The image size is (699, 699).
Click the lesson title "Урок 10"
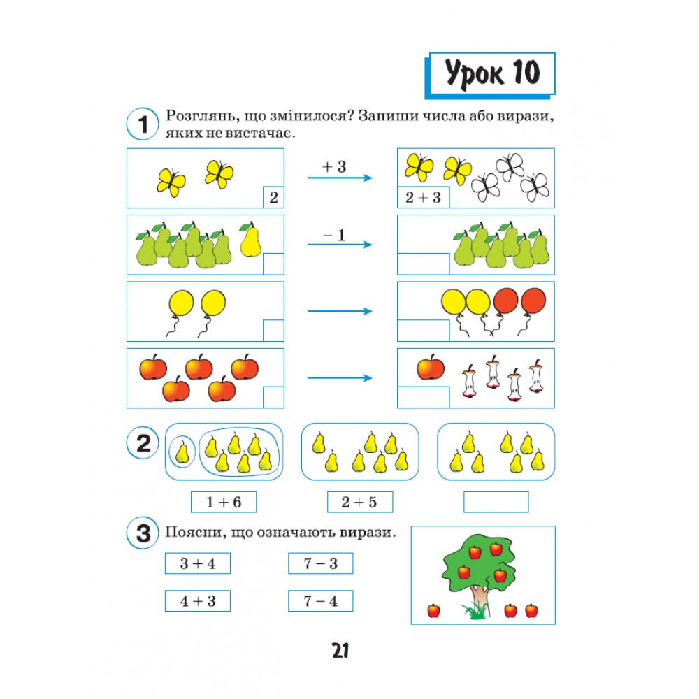[491, 73]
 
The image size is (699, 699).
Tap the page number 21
[340, 651]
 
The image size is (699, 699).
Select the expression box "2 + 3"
[423, 197]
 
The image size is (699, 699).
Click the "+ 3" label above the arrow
[334, 167]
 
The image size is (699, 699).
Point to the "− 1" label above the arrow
[334, 235]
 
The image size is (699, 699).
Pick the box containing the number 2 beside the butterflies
[273, 197]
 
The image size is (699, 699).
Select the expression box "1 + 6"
[224, 502]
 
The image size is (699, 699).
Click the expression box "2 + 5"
[360, 502]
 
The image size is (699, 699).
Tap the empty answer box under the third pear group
[496, 502]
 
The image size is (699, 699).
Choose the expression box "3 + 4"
[198, 563]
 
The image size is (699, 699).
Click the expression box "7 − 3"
[321, 563]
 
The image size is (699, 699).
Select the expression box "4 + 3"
[198, 601]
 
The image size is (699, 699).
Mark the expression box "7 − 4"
[321, 601]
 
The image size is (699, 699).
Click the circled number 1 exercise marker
[143, 124]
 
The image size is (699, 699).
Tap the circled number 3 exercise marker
[143, 533]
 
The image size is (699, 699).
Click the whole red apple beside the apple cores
[431, 367]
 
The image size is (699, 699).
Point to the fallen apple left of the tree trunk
[434, 611]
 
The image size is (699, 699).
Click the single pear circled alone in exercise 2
[182, 452]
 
